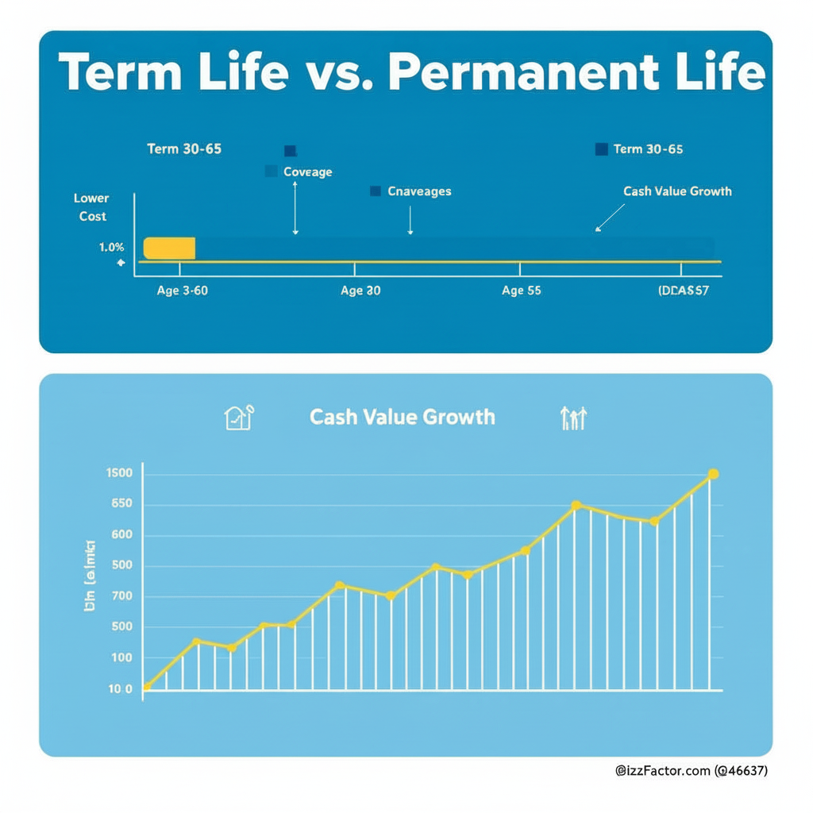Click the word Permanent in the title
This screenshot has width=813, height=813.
coord(523,72)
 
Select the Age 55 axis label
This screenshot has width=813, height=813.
coord(522,291)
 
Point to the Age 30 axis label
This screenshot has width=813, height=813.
coord(360,291)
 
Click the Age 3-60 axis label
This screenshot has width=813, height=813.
coord(182,291)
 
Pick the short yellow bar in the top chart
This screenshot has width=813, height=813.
coord(169,248)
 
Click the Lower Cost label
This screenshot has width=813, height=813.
coord(92,207)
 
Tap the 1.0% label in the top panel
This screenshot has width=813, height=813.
coord(112,248)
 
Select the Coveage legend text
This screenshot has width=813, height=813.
coord(307,171)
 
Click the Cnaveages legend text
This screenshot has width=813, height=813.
coord(419,191)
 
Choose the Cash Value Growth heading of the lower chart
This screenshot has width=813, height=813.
coord(402,417)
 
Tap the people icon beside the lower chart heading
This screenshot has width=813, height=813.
coord(573,418)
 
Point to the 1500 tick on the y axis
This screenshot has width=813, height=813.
coord(119,474)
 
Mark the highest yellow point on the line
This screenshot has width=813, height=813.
coord(712,474)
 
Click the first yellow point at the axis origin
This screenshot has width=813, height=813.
coord(147,687)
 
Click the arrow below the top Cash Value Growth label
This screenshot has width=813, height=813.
coord(610,218)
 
